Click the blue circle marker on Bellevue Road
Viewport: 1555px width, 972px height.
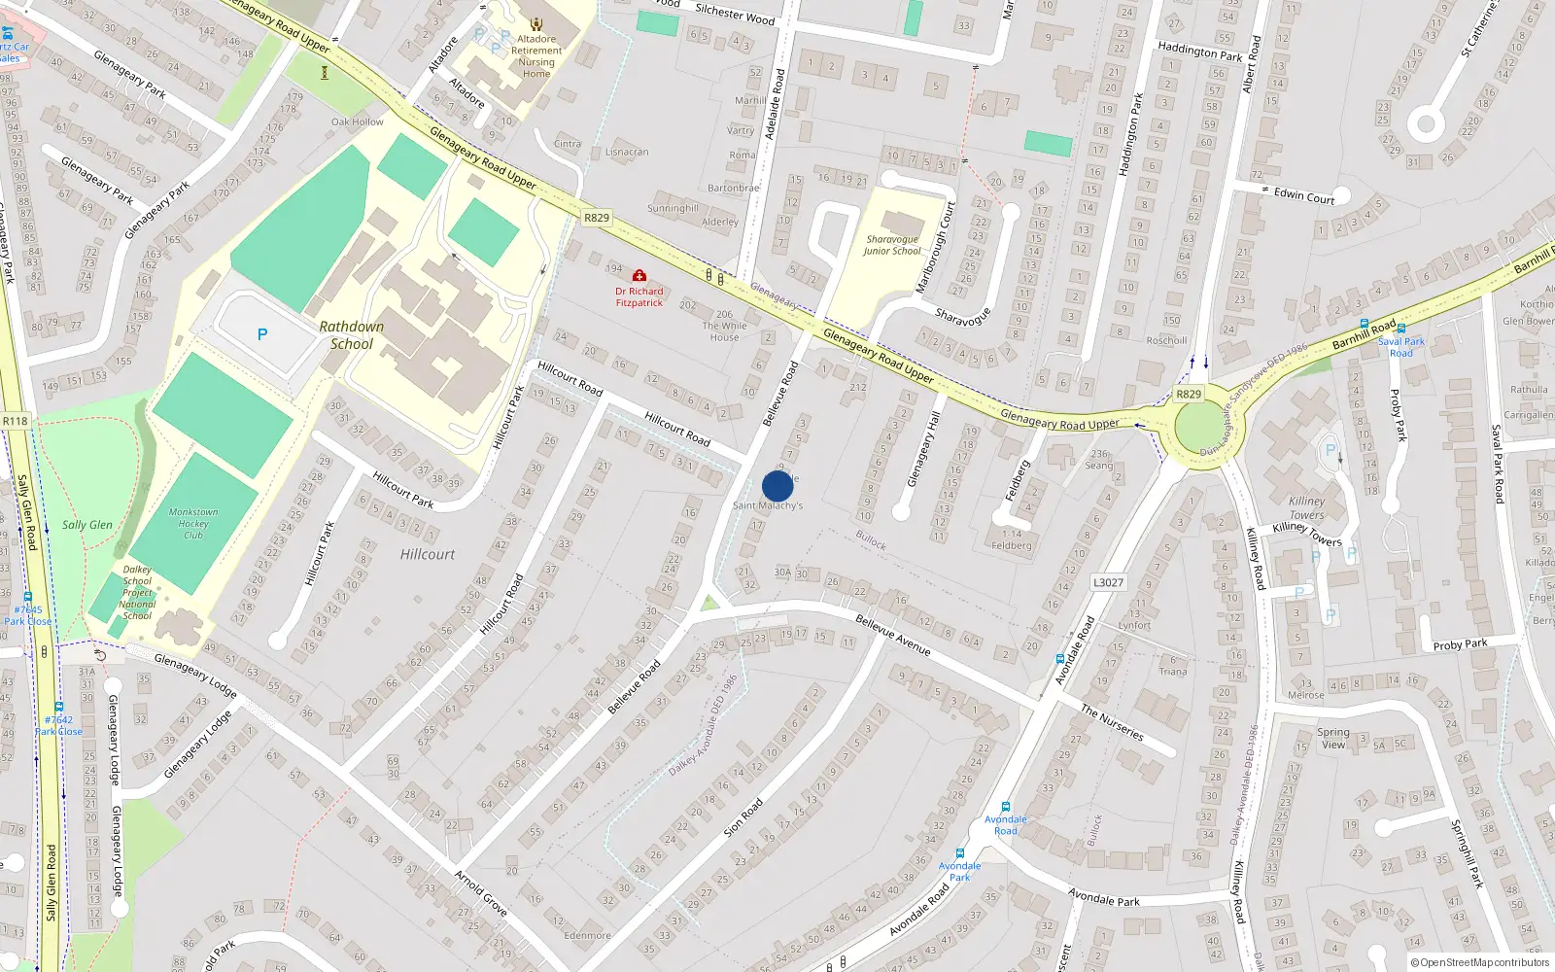click(777, 486)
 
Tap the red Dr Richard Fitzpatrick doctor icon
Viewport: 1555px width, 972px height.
click(639, 276)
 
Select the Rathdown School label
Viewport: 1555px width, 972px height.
click(351, 335)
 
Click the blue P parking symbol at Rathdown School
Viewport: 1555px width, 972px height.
click(261, 334)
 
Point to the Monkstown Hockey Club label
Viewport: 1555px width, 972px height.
click(193, 523)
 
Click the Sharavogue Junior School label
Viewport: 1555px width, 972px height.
click(892, 245)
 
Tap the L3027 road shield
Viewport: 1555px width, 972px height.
click(1108, 582)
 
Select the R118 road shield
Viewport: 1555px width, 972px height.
click(16, 421)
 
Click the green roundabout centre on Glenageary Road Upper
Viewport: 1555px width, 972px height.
click(1201, 426)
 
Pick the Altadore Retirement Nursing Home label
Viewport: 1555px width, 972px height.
click(536, 56)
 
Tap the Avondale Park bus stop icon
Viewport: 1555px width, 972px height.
click(959, 853)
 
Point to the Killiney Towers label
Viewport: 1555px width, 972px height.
click(1307, 507)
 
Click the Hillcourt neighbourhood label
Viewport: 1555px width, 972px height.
click(428, 554)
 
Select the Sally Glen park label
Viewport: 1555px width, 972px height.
click(87, 525)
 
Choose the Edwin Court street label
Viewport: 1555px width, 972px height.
click(1304, 195)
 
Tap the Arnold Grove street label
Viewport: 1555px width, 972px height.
click(481, 893)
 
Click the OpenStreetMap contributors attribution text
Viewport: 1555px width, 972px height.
click(1481, 963)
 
